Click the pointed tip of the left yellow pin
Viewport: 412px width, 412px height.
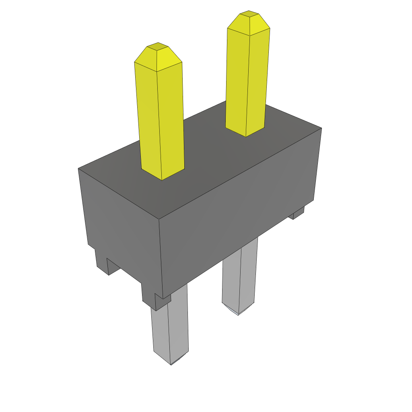click(157, 46)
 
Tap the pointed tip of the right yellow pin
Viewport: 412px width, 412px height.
click(249, 14)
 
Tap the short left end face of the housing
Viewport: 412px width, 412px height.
click(121, 225)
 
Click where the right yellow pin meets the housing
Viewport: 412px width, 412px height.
click(245, 134)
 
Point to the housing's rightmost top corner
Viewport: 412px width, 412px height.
click(321, 128)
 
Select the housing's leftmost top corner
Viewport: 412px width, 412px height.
click(78, 169)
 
